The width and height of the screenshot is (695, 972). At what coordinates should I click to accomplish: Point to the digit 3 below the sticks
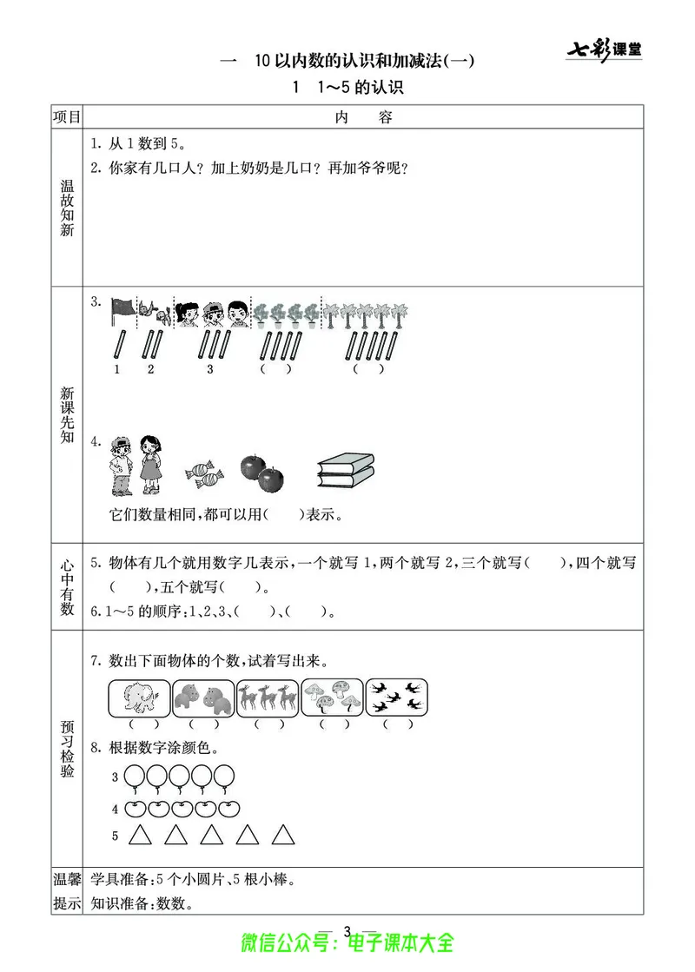209,369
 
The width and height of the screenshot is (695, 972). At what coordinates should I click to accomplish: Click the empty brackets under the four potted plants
276,369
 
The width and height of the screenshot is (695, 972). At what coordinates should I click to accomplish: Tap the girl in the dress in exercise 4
152,465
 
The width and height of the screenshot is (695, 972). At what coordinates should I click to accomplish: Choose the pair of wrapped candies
205,474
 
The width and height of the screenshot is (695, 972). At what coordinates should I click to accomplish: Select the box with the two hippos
204,697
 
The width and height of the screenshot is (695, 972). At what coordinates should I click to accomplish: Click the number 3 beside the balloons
114,777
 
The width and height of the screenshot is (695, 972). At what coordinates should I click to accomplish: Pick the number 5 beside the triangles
114,836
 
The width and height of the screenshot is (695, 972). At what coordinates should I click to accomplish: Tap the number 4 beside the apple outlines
114,810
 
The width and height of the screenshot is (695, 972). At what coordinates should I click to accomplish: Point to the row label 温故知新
67,208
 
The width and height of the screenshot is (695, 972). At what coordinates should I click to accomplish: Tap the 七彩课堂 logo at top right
604,49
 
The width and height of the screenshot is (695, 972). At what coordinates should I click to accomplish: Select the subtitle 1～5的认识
349,87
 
